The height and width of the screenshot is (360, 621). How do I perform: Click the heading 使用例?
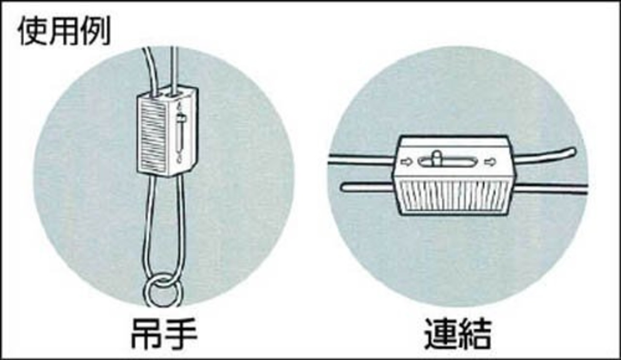click(65, 31)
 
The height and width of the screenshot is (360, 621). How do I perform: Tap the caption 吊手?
click(164, 334)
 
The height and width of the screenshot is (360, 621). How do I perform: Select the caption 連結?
click(458, 334)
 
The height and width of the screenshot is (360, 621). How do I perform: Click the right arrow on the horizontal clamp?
click(490, 162)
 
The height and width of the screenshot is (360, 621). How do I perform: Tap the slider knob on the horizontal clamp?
click(436, 158)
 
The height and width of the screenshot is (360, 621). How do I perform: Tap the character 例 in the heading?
click(96, 31)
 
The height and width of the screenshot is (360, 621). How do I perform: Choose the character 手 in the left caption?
click(181, 334)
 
